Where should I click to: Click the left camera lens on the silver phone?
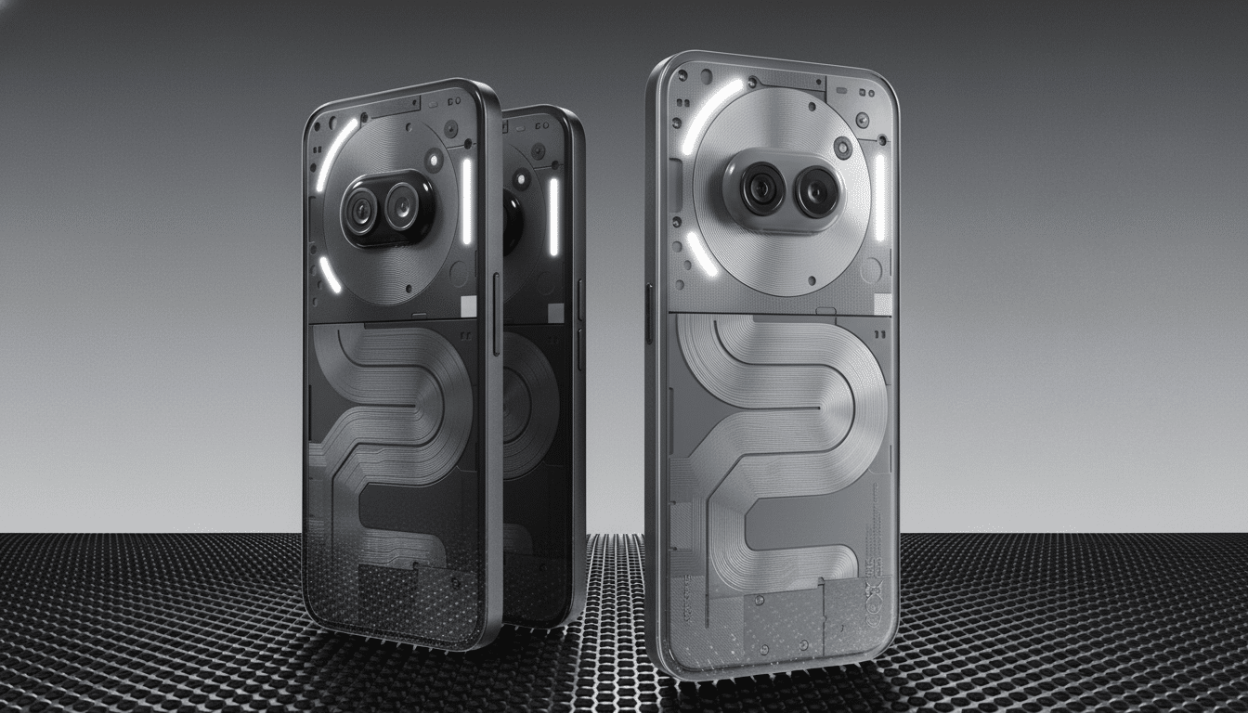click(x=763, y=188)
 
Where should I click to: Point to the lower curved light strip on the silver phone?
click(x=702, y=253)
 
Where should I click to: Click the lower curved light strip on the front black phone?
click(x=330, y=274)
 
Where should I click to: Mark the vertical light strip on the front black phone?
click(x=466, y=201)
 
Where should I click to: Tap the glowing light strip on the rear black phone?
click(x=553, y=216)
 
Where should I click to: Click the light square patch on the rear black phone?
click(x=555, y=312)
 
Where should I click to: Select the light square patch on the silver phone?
click(x=882, y=304)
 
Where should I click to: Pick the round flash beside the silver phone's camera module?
click(x=842, y=146)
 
